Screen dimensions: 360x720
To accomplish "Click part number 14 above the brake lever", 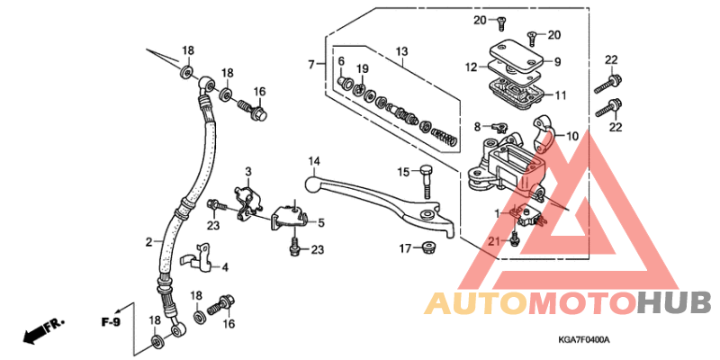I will [x=314, y=162].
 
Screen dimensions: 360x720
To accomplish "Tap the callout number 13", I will [x=401, y=50].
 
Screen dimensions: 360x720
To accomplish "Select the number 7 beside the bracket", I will [x=310, y=65].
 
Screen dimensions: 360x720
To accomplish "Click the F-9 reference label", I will [x=110, y=321].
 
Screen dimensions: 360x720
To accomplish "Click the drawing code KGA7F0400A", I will [x=583, y=340].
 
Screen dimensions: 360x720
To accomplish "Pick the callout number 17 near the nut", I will [x=405, y=247].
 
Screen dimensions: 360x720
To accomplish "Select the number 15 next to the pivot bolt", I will [x=404, y=171].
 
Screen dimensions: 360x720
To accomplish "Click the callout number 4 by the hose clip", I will [x=225, y=267].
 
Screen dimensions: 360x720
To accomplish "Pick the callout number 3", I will [x=248, y=171].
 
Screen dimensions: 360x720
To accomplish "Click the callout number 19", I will [x=362, y=69].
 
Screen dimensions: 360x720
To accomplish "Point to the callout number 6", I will [x=341, y=60].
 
